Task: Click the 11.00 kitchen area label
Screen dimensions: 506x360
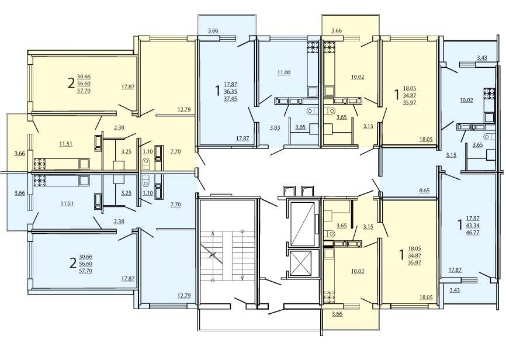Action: (x=283, y=72)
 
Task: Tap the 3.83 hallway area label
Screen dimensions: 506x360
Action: (x=275, y=127)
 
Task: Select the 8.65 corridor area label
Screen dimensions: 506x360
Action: (x=424, y=191)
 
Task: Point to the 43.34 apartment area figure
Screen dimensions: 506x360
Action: (x=473, y=226)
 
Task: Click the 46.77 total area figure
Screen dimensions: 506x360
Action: (x=473, y=232)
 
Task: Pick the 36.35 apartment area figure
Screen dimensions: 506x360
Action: (x=230, y=92)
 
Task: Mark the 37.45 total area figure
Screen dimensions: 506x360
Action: (x=230, y=99)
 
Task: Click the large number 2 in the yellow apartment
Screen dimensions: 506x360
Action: (x=71, y=84)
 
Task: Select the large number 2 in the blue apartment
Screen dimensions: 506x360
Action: (x=73, y=263)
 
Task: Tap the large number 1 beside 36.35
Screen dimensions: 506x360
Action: (x=218, y=91)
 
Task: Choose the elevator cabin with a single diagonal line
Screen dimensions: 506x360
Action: (x=303, y=224)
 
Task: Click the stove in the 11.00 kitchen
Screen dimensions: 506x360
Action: (x=313, y=47)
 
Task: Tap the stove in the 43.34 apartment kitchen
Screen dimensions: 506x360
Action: (x=489, y=94)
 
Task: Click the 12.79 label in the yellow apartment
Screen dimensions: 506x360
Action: (x=183, y=109)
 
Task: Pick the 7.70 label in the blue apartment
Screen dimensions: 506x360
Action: (x=175, y=205)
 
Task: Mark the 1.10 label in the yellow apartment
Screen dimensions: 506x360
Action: (x=147, y=151)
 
